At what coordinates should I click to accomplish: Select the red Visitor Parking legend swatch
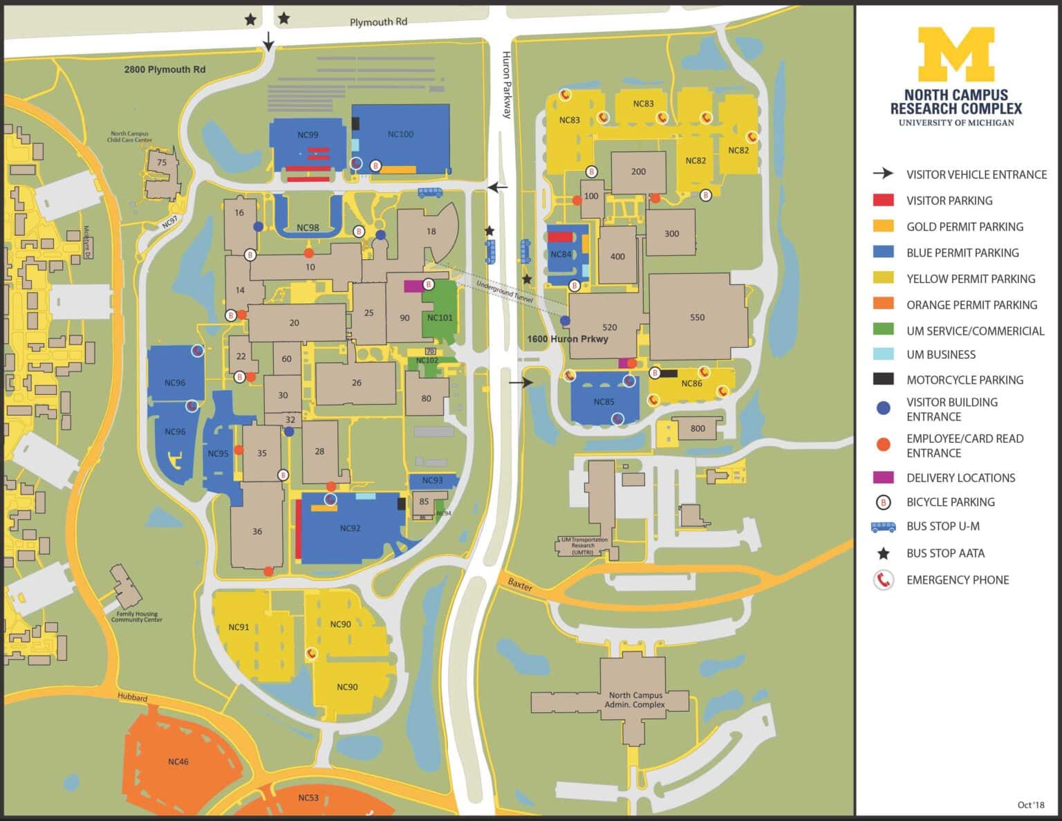click(x=883, y=201)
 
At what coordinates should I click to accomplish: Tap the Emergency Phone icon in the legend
click(x=883, y=580)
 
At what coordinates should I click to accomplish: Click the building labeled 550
click(x=697, y=317)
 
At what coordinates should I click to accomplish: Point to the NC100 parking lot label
click(x=400, y=134)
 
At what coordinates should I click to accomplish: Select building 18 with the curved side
click(x=431, y=232)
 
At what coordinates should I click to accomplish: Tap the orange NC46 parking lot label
click(x=178, y=762)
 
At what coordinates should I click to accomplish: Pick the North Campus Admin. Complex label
click(x=635, y=699)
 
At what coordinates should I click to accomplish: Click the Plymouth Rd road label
click(x=378, y=22)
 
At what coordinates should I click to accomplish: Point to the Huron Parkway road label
click(x=507, y=84)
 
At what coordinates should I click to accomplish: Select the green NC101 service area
click(x=440, y=317)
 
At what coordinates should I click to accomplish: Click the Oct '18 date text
click(x=1030, y=804)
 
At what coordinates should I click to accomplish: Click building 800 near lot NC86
click(x=698, y=428)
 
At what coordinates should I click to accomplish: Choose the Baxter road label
click(x=520, y=585)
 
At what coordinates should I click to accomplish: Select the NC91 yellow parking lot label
click(x=239, y=627)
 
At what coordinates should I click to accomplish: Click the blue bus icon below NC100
click(x=429, y=192)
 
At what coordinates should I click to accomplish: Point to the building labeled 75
click(x=162, y=163)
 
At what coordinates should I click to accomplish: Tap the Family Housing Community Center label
click(x=136, y=616)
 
